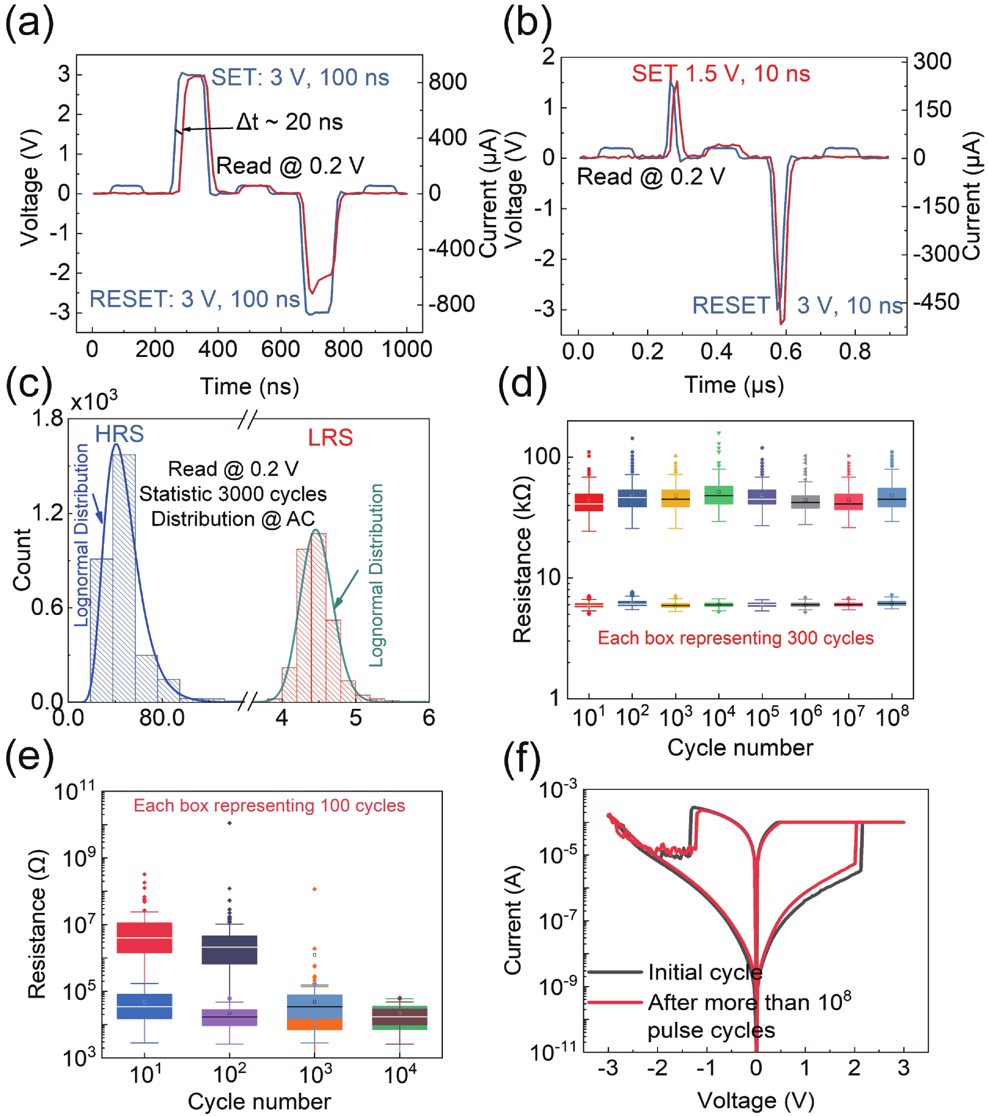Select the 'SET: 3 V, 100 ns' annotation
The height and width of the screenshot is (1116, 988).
pos(300,78)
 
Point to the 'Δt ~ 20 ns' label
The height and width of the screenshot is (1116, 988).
pos(289,122)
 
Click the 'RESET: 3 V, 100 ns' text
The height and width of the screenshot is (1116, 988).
pos(194,299)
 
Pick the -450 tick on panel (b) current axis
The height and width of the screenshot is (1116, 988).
pos(936,302)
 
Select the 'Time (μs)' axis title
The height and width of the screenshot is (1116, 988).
pos(734,385)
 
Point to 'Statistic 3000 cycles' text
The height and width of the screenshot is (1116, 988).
pos(233,494)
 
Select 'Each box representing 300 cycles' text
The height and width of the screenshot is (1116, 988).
pos(736,638)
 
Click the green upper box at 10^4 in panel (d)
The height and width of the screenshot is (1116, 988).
pos(719,495)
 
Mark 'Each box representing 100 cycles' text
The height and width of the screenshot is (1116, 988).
pos(269,806)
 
